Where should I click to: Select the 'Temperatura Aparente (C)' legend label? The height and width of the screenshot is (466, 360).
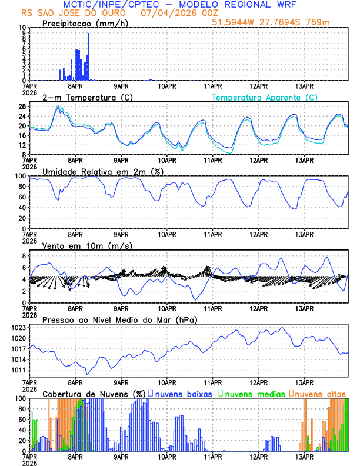coord(264,97)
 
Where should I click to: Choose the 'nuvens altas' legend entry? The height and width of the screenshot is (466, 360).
coord(321,393)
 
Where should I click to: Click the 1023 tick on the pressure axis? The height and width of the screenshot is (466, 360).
coord(19,327)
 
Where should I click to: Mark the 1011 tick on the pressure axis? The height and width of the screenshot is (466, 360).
coord(19,370)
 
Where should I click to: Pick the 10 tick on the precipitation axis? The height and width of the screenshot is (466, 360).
coord(22,28)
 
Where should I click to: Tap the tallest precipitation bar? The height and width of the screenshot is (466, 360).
coord(89,56)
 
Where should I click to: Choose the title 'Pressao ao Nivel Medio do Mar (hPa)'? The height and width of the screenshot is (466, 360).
coord(119,319)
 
